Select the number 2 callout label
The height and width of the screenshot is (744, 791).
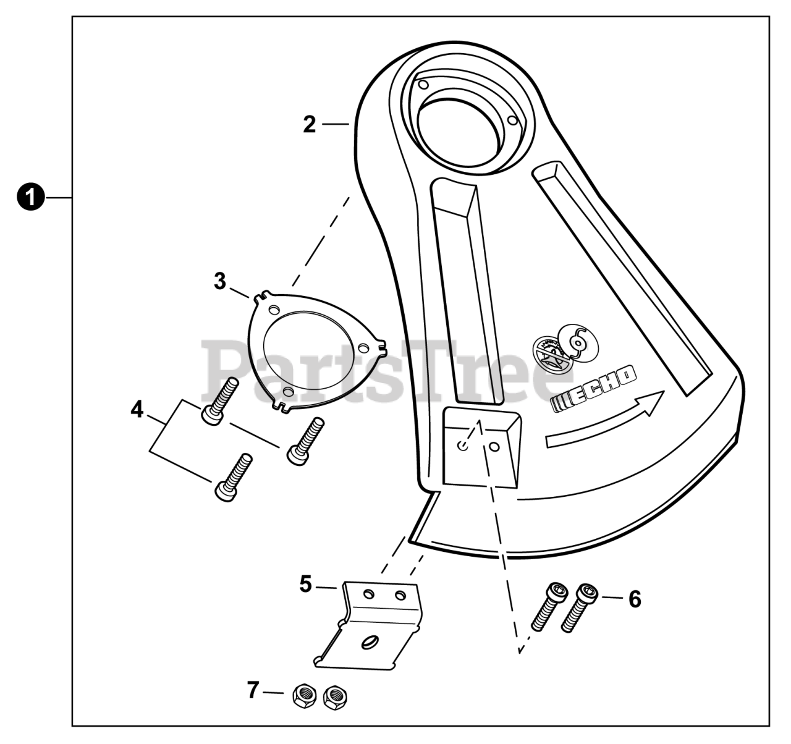tap(310, 124)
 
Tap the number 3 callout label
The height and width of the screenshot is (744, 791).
tap(220, 281)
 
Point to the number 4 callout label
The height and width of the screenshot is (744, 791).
tap(137, 408)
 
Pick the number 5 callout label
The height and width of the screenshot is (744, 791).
tap(306, 584)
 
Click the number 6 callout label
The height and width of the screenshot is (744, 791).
tap(634, 599)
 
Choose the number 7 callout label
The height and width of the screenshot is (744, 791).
tap(252, 690)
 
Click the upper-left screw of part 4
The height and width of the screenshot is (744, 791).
tap(217, 401)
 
